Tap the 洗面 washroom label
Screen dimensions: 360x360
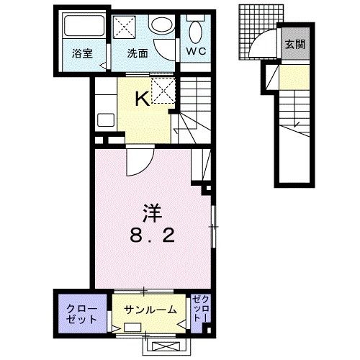pyautogui.click(x=138, y=53)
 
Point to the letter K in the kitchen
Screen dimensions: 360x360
pyautogui.click(x=144, y=100)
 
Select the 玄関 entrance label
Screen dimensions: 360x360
pyautogui.click(x=294, y=45)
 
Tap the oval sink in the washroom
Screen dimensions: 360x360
pyautogui.click(x=161, y=25)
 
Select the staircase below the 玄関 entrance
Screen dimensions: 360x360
pyautogui.click(x=293, y=115)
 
